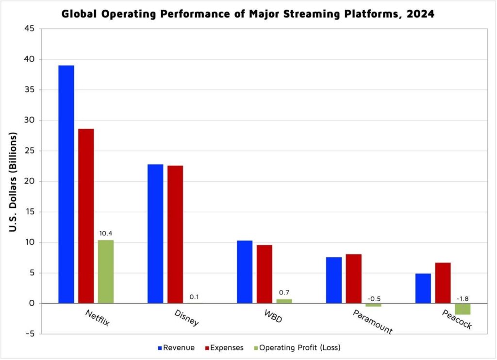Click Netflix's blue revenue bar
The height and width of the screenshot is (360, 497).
coord(66,184)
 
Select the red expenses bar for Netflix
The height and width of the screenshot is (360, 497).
coord(86,216)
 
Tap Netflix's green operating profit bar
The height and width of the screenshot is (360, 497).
coord(106,272)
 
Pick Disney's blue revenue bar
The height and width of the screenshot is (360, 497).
coord(155,234)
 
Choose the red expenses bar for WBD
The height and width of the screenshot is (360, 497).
coord(265,274)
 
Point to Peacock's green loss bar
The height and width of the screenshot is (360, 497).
coord(463,309)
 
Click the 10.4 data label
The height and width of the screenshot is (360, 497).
coord(106,234)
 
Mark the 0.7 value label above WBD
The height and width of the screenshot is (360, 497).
coord(284,292)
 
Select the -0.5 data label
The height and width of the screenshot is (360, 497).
coord(373,298)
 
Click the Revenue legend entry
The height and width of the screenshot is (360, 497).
coord(176,348)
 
